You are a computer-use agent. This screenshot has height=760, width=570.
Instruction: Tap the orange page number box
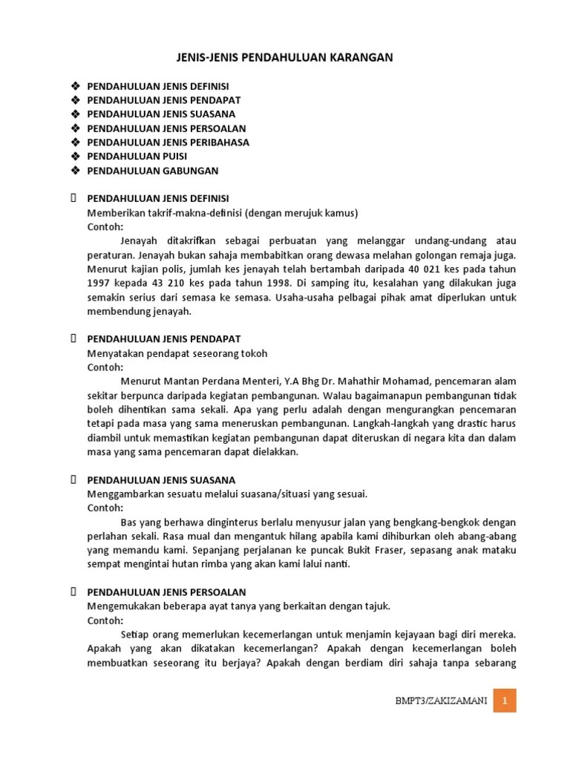[x=505, y=701]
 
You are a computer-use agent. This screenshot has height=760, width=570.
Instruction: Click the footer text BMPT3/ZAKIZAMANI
[x=442, y=701]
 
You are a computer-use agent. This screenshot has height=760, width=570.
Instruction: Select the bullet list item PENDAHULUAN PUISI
[x=137, y=157]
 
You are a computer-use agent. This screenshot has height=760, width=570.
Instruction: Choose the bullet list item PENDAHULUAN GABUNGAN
[x=153, y=171]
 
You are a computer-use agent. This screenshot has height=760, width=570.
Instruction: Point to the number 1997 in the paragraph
[x=99, y=284]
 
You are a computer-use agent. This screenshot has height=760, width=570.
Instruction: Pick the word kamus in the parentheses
[x=340, y=213]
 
